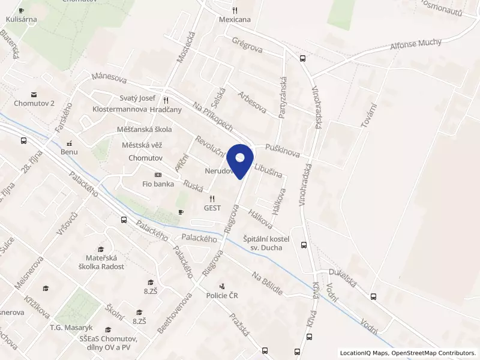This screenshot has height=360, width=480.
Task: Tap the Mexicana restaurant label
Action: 235,19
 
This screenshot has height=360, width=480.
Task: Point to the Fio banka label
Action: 158,184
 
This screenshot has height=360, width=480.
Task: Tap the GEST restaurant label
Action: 211,208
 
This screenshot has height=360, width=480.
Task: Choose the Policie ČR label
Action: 222,295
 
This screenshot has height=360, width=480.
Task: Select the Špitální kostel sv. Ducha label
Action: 266,243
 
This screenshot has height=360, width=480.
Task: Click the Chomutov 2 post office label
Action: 35,103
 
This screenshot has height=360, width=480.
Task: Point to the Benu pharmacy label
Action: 69,152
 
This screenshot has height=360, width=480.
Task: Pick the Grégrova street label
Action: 247,44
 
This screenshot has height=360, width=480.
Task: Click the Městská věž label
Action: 142,145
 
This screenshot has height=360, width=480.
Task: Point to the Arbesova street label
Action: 252,103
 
